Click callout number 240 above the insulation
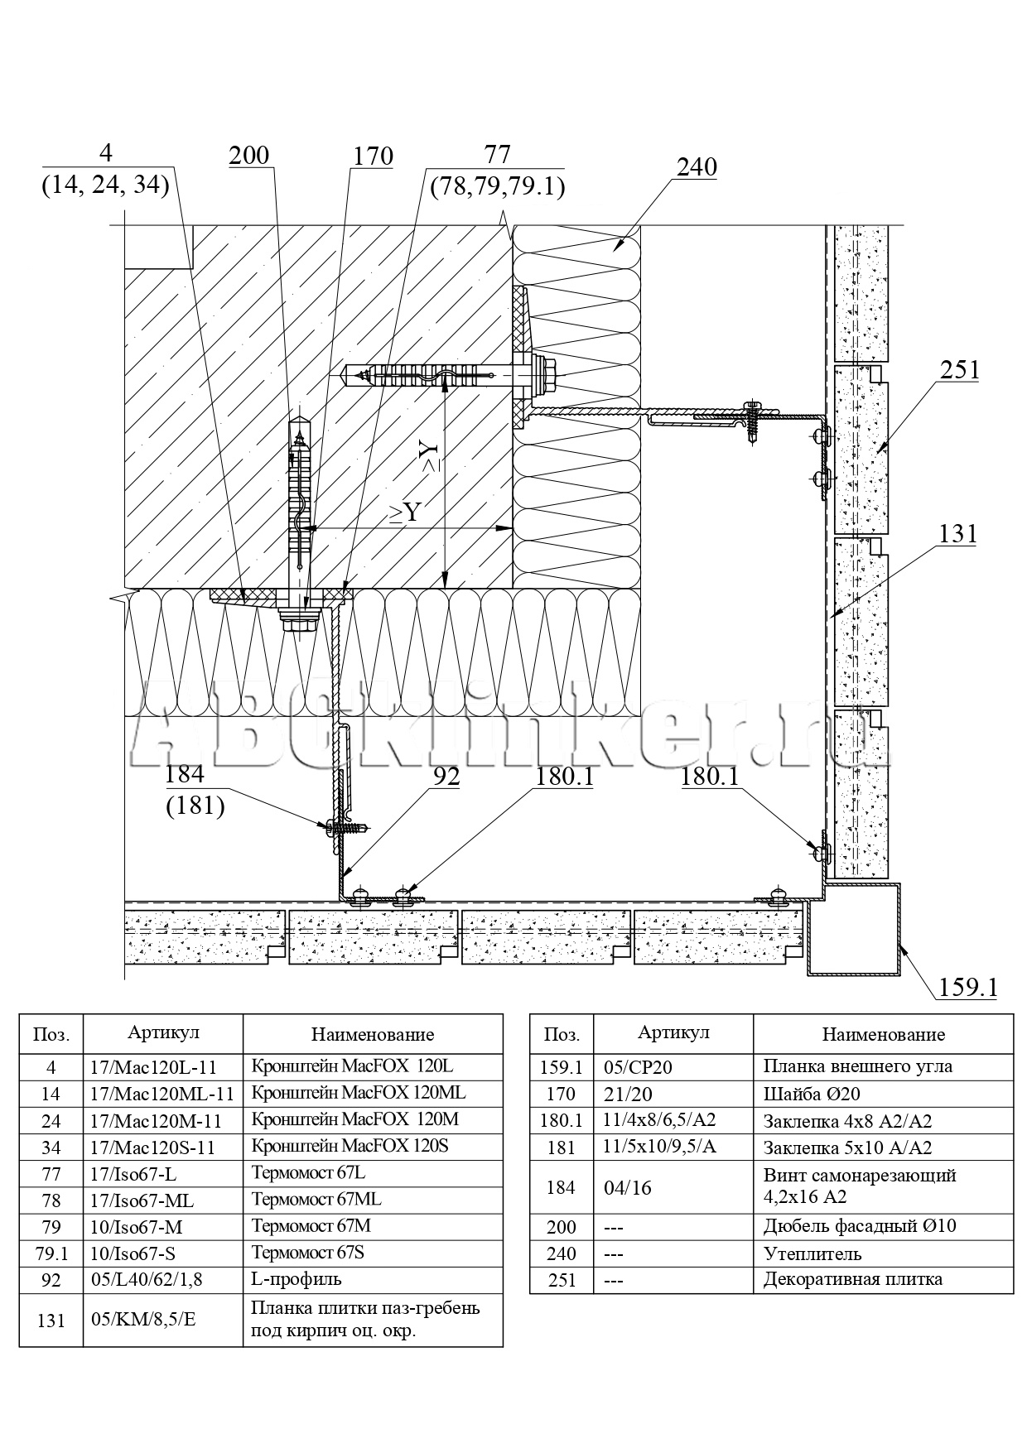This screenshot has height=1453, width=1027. (x=697, y=167)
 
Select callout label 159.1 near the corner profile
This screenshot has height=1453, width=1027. (x=968, y=987)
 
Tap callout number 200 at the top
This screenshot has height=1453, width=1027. (x=249, y=156)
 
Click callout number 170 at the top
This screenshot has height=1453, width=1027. (x=373, y=156)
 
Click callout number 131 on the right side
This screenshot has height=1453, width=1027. (x=957, y=534)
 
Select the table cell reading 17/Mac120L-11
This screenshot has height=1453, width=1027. (x=162, y=1067)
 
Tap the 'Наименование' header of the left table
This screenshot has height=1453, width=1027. (x=372, y=1034)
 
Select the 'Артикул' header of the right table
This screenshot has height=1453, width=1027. (x=673, y=1032)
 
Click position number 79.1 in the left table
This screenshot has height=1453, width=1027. (x=51, y=1253)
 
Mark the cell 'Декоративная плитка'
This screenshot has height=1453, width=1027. (x=852, y=1279)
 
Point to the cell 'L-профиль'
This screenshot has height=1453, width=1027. (x=296, y=1279)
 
